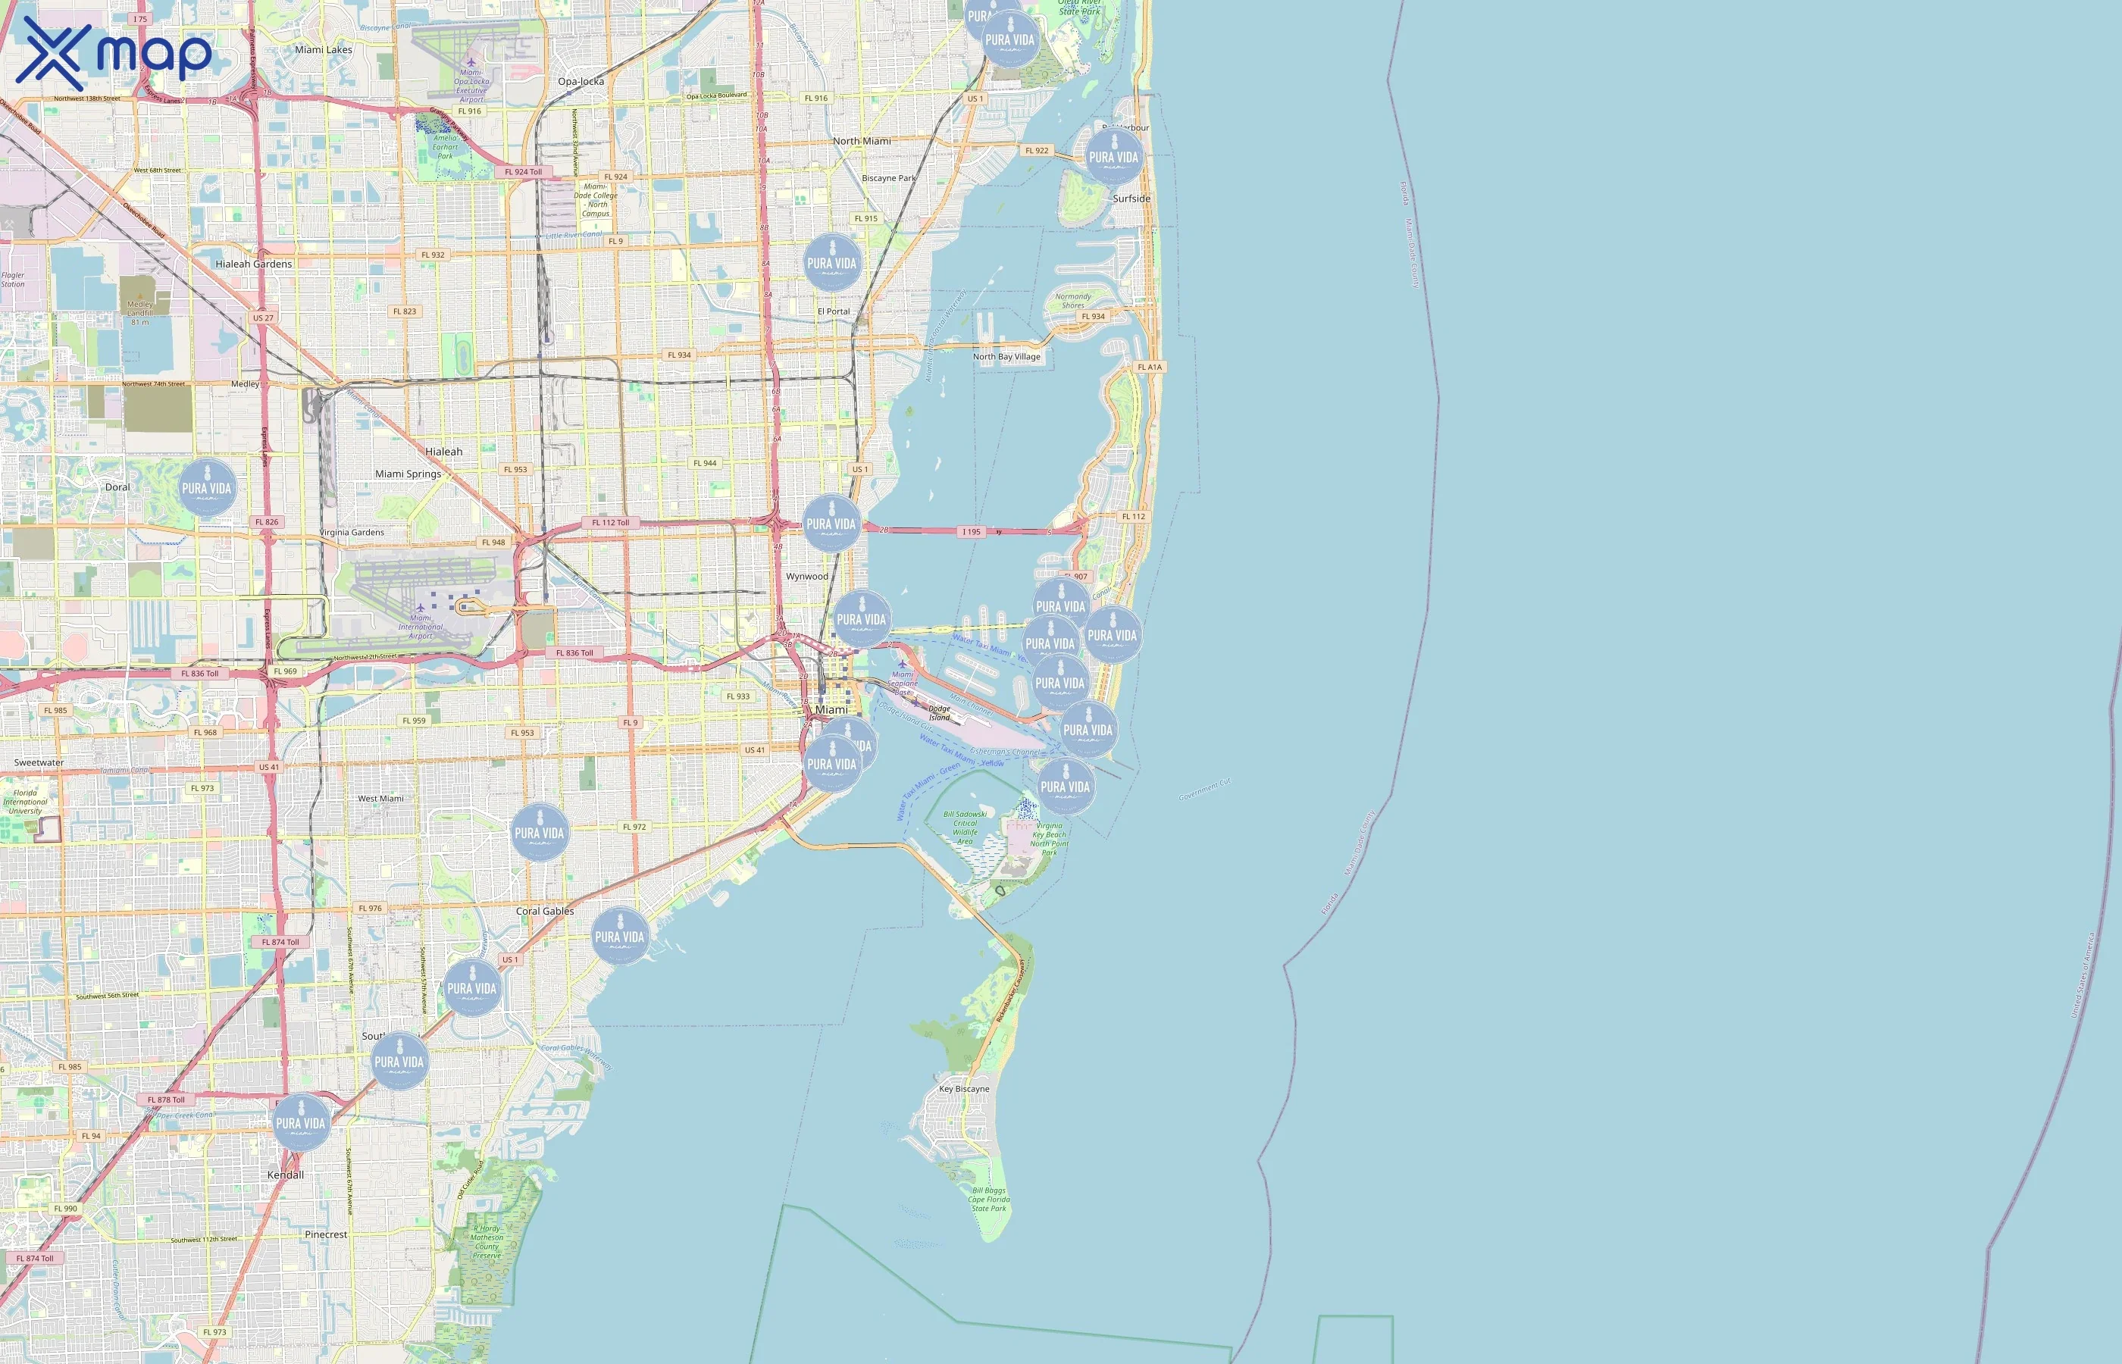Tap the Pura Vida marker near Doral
pyautogui.click(x=207, y=487)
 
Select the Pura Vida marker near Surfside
pyautogui.click(x=1113, y=156)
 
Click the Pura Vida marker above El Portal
pyautogui.click(x=831, y=262)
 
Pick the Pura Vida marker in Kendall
pyautogui.click(x=300, y=1122)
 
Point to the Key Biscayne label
pyautogui.click(x=963, y=1088)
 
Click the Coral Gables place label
pyautogui.click(x=545, y=911)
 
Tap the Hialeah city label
pyautogui.click(x=443, y=452)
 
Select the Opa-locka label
pyautogui.click(x=581, y=82)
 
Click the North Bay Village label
pyautogui.click(x=1006, y=357)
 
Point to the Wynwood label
pyautogui.click(x=807, y=577)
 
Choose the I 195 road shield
pyautogui.click(x=972, y=532)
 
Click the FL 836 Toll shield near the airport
pyautogui.click(x=574, y=652)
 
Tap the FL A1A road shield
pyautogui.click(x=1150, y=367)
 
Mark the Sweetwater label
pyautogui.click(x=39, y=762)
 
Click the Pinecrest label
pyautogui.click(x=326, y=1234)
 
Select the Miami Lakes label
pyautogui.click(x=324, y=49)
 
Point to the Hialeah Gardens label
pyautogui.click(x=253, y=264)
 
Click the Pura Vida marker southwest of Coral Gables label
pyautogui.click(x=472, y=987)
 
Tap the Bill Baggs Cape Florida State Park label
pyautogui.click(x=988, y=1200)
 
